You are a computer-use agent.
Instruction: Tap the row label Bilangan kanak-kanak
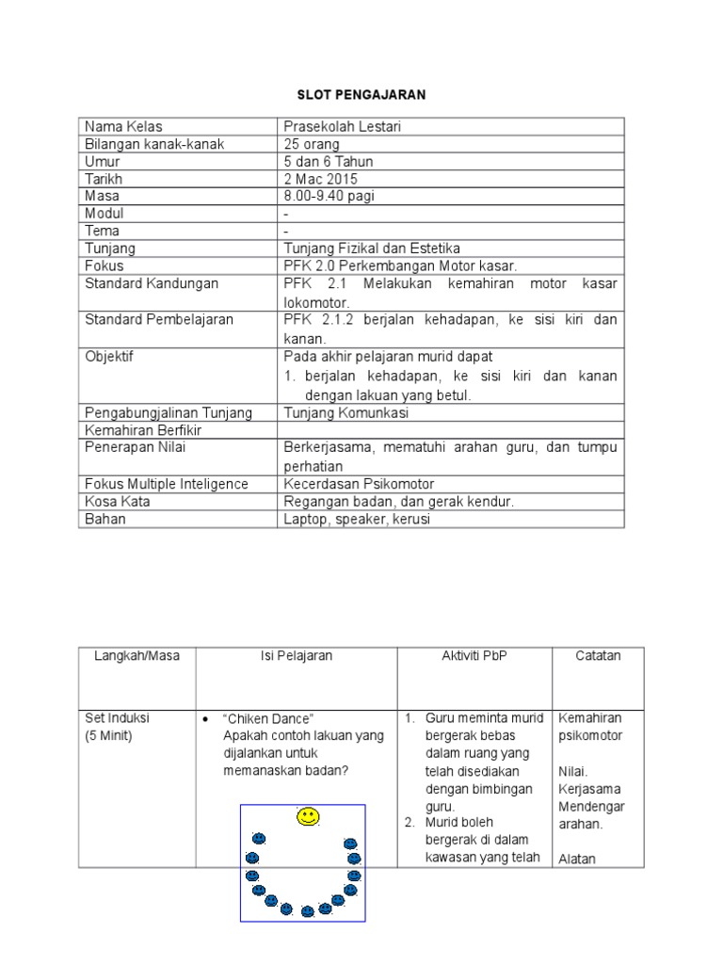click(154, 144)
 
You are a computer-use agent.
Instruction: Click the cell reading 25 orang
click(313, 144)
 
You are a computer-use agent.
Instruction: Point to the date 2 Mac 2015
click(321, 179)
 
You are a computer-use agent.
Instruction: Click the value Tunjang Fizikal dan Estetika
click(372, 249)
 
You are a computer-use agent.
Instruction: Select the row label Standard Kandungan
click(152, 283)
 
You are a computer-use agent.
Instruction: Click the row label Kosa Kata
click(118, 502)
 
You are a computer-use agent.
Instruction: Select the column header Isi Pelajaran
click(297, 656)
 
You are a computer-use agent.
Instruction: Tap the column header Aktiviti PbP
click(474, 656)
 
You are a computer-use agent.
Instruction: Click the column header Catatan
click(599, 656)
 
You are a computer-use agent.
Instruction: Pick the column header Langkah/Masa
click(137, 656)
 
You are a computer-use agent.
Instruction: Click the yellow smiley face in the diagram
click(307, 816)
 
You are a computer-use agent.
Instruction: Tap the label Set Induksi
click(118, 718)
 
